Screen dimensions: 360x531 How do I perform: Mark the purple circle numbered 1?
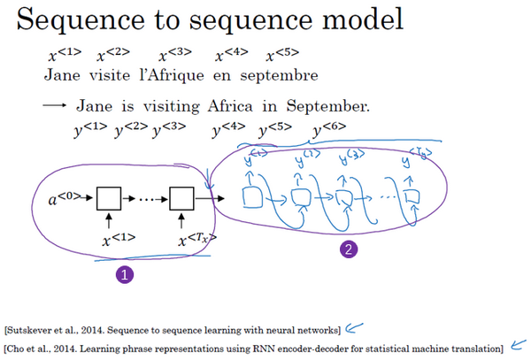coord(124,275)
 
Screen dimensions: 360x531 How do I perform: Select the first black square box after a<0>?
coord(109,198)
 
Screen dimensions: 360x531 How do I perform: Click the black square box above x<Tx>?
coord(182,198)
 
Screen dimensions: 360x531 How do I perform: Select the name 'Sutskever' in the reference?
coord(27,330)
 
